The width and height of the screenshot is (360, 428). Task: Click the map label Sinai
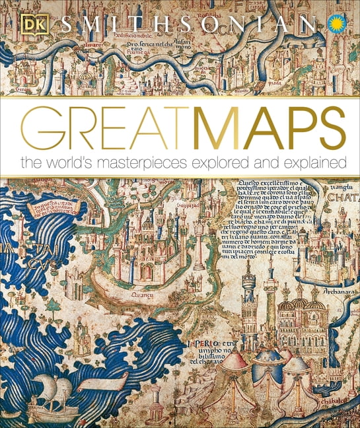[22, 87]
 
